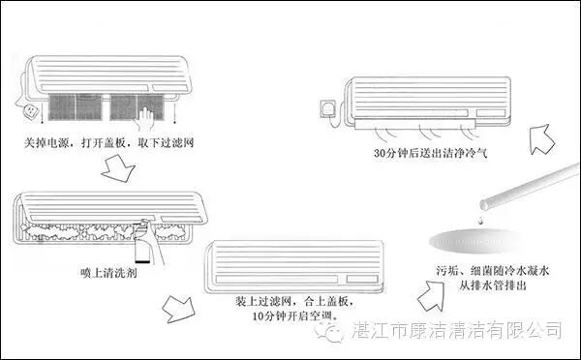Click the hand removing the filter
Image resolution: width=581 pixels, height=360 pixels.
tap(147, 118)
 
